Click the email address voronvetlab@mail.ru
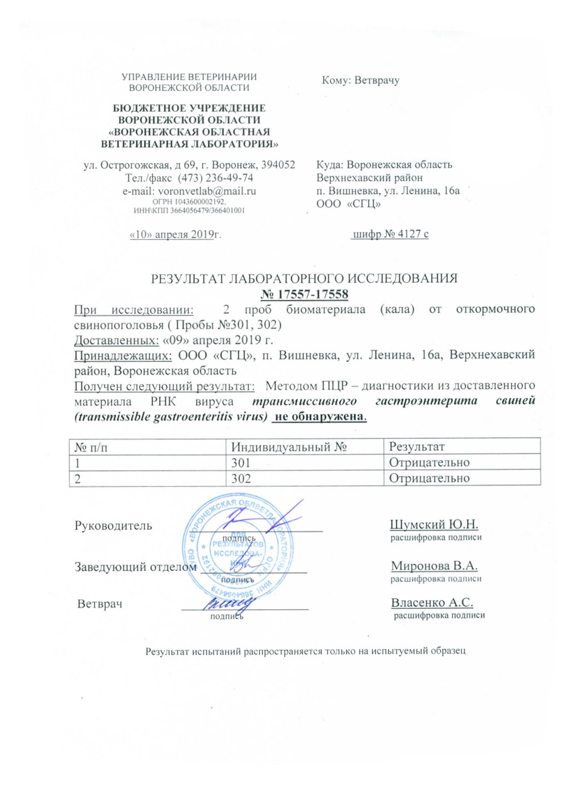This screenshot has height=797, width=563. coord(207,191)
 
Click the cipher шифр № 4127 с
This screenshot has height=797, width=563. coord(390,233)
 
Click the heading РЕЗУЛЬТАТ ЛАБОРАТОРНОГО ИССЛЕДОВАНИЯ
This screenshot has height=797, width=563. coord(304,278)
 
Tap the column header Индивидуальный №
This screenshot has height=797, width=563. coord(289,447)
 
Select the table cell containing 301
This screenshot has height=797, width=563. coord(241,462)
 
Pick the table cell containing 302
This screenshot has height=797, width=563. coord(241,478)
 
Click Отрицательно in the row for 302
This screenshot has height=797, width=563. coord(429,478)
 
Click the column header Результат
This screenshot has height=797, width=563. coord(416,447)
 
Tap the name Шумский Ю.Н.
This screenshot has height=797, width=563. coord(434,524)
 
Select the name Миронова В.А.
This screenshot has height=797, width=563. coord(434,566)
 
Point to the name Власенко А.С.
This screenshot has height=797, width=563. coord(432,603)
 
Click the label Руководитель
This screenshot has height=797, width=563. coord(113,525)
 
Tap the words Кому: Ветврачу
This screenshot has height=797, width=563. coord(360,80)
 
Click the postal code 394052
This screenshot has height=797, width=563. coord(277,165)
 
